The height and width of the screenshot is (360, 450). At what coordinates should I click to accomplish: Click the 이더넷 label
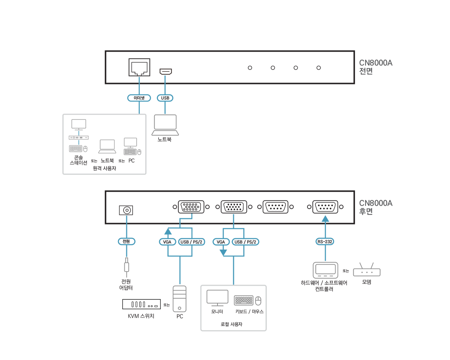pos(139,98)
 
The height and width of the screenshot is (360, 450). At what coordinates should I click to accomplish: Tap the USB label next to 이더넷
pos(165,98)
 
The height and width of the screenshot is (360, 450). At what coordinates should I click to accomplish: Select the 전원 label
pos(126,242)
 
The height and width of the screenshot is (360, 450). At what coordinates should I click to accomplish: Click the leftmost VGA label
pos(167,242)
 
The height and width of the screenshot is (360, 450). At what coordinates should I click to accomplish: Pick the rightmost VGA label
pos(221,242)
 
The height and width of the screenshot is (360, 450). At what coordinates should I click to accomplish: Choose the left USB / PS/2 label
pos(192,242)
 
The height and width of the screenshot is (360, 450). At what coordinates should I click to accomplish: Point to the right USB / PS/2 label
pos(246,242)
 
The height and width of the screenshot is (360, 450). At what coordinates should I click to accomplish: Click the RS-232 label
pos(324,242)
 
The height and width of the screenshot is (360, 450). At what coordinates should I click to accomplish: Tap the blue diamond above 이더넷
pos(139,80)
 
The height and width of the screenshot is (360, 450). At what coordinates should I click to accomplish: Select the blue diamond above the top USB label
pos(165,79)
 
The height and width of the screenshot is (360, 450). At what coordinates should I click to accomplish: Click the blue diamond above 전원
pos(127,219)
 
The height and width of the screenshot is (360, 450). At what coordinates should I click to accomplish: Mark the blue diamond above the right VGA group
pos(234,217)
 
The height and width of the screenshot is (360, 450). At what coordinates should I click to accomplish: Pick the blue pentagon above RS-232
pos(324,218)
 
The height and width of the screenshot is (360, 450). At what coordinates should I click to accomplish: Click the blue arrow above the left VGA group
pos(186,216)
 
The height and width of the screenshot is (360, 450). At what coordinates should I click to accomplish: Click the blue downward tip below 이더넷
pos(139,111)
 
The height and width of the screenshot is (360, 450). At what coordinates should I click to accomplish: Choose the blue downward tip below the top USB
pos(165,111)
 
